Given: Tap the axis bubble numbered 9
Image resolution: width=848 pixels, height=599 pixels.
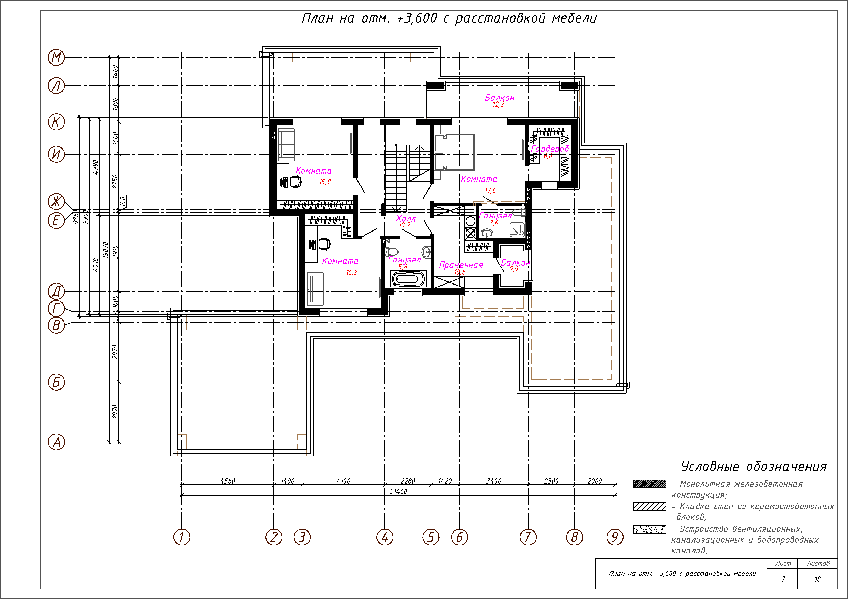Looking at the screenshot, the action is click(x=615, y=537).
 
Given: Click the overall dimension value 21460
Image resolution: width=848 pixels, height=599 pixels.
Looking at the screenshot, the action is click(x=398, y=492).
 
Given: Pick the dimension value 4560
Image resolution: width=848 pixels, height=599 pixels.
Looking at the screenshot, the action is click(x=228, y=481).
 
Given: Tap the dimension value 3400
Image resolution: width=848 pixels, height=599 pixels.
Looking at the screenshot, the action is click(x=494, y=481).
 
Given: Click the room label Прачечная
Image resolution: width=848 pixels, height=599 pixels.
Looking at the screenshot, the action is click(x=461, y=265).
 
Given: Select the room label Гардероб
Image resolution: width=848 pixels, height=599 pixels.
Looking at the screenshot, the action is click(x=550, y=149).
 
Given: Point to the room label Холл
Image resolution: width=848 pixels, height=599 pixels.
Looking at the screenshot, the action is click(x=406, y=218).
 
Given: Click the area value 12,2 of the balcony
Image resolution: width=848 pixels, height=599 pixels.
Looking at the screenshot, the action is click(x=498, y=104).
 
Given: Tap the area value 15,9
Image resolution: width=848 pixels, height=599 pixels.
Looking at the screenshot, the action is click(x=325, y=182).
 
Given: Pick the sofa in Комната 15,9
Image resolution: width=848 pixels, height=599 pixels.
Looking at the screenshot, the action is click(x=286, y=145).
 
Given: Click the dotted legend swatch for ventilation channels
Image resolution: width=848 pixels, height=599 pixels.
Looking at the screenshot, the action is click(x=649, y=530).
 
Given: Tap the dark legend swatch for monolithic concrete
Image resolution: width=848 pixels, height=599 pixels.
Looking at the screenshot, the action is click(x=649, y=484).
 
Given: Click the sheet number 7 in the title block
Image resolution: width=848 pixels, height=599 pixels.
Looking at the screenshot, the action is click(x=783, y=579).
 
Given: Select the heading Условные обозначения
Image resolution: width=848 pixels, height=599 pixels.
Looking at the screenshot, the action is click(x=753, y=467).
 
